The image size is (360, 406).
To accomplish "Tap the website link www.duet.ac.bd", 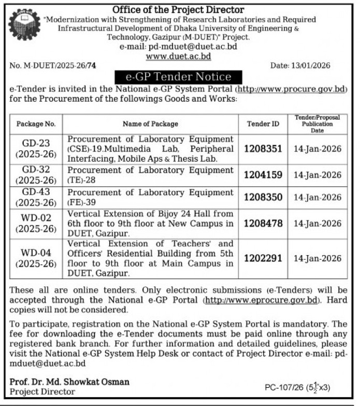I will coord(178,56).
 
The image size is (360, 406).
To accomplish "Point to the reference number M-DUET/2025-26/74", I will coord(53,66).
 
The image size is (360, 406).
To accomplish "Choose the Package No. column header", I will coord(36,124).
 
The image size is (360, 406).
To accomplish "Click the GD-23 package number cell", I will coord(36,149).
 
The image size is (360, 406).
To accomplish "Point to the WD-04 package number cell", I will coord(36,258).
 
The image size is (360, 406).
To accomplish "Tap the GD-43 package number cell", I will coord(36,197).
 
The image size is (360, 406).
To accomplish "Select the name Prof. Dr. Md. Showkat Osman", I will coord(69,382).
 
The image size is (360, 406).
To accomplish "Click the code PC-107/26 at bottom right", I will coord(283,387).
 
